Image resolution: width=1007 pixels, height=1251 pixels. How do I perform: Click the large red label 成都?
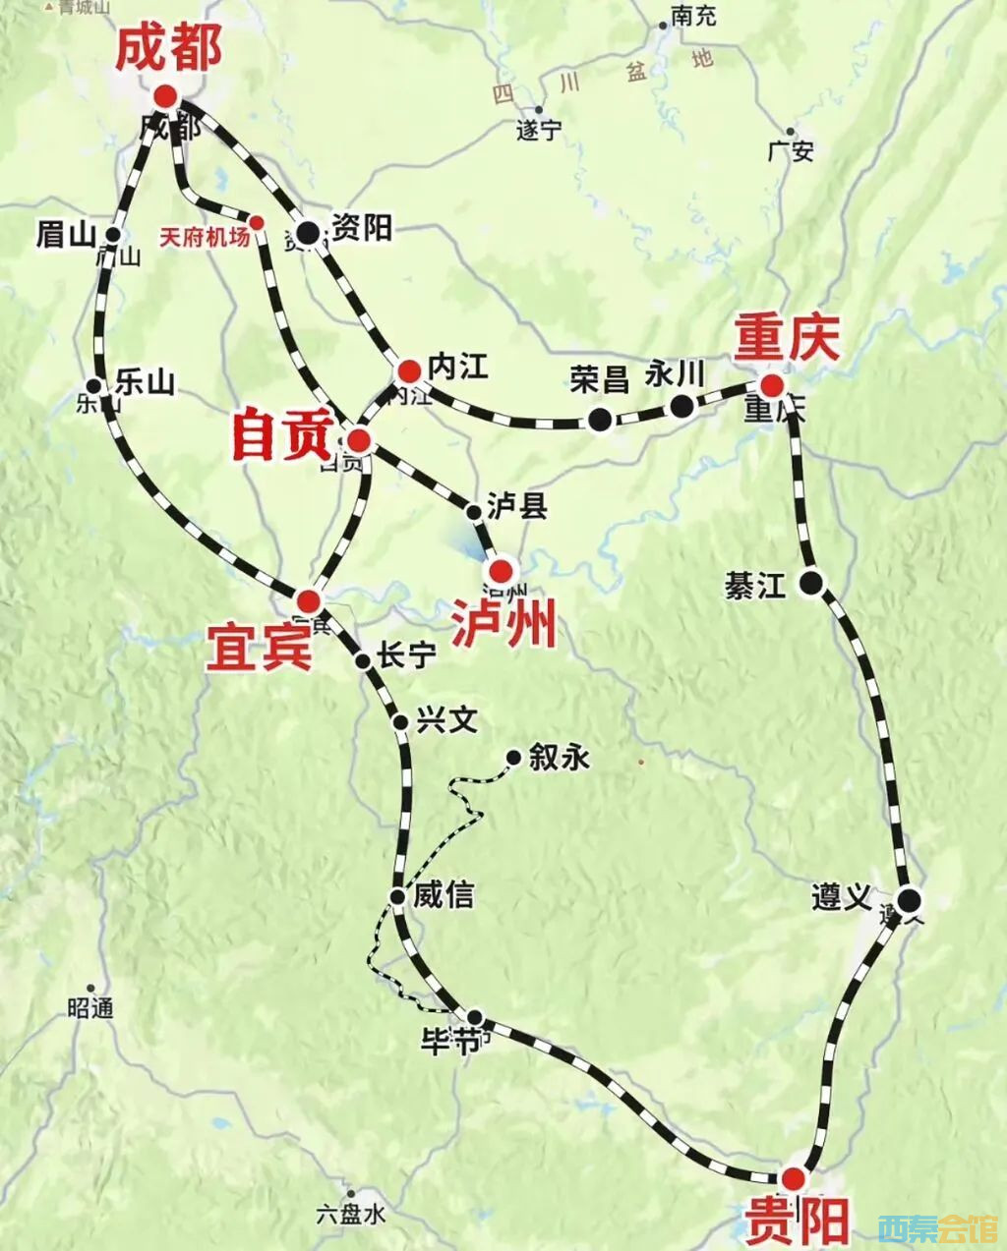click(x=169, y=49)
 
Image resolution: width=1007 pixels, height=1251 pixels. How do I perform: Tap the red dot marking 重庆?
click(x=772, y=385)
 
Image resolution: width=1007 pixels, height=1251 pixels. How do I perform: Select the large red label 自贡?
click(x=281, y=435)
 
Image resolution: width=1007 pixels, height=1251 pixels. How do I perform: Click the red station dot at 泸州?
click(x=502, y=569)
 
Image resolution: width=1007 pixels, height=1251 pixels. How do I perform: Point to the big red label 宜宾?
click(x=259, y=648)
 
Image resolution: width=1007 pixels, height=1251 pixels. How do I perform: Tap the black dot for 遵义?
click(x=910, y=899)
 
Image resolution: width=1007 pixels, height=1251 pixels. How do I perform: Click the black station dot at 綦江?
click(x=811, y=583)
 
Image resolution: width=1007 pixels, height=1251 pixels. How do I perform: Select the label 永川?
click(x=676, y=374)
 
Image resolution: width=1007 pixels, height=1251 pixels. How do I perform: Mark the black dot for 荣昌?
click(x=600, y=420)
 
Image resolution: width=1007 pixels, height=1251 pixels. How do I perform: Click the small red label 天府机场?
click(x=205, y=237)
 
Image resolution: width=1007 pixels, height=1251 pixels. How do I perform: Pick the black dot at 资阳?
click(x=308, y=233)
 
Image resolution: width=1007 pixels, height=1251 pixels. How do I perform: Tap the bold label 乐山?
click(x=145, y=381)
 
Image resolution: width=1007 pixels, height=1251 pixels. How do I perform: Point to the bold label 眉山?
click(x=65, y=234)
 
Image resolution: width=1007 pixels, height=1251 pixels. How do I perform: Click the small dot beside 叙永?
click(x=512, y=757)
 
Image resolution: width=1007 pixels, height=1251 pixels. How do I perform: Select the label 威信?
click(x=444, y=894)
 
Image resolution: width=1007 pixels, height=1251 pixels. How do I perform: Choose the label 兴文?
click(x=446, y=720)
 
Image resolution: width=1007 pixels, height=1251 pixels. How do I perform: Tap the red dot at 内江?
click(x=409, y=370)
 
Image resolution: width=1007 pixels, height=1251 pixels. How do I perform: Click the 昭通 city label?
click(x=91, y=1007)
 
